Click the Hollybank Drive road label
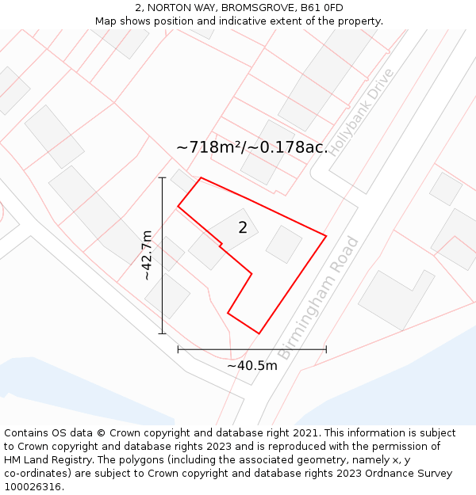point(362,112)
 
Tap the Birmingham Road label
point(319,298)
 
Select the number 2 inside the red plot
point(243,228)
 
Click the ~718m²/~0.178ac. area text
point(251,147)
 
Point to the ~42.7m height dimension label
point(147,255)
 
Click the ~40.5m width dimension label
point(252,366)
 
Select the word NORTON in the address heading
point(171,8)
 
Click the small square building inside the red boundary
point(283,244)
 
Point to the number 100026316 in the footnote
point(34,487)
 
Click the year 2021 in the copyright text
point(305,433)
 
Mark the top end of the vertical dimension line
point(163,177)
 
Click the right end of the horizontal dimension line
point(326,348)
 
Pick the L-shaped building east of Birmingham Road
point(395,298)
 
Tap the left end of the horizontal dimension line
point(178,348)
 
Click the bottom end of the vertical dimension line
point(163,333)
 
